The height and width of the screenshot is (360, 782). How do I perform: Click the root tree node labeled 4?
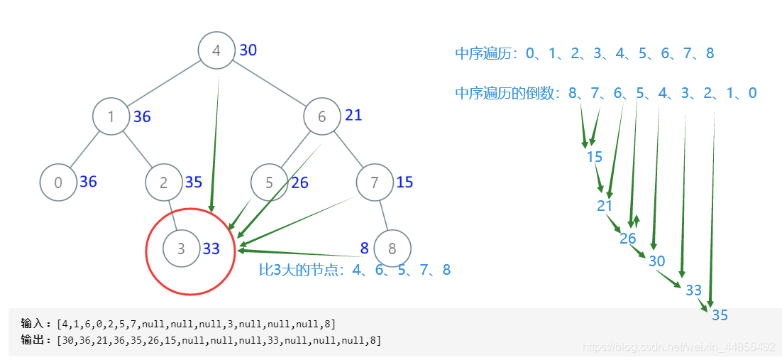click(x=216, y=51)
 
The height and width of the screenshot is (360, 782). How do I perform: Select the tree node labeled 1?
click(x=111, y=117)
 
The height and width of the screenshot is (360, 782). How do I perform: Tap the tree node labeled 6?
click(x=321, y=117)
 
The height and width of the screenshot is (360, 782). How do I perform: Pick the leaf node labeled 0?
click(x=58, y=182)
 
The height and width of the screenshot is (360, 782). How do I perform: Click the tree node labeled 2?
click(x=163, y=182)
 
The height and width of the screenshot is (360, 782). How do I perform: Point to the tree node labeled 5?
click(x=269, y=182)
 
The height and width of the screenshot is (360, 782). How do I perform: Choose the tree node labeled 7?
click(x=375, y=182)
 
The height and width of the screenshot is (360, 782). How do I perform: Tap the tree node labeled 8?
click(x=392, y=249)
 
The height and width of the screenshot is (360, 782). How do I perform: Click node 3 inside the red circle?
click(x=181, y=249)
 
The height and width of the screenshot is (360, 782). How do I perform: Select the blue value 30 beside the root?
click(x=248, y=50)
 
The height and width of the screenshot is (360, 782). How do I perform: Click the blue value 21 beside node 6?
click(x=353, y=115)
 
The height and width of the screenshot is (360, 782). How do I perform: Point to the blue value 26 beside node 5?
click(x=299, y=183)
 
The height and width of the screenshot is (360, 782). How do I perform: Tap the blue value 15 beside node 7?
click(x=404, y=182)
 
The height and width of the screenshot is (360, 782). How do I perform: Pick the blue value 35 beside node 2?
click(x=194, y=182)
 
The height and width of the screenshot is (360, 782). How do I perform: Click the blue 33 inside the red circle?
click(x=211, y=249)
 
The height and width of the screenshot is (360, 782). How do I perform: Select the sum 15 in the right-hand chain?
click(x=595, y=157)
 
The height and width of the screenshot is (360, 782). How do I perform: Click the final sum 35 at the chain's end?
click(x=720, y=315)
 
